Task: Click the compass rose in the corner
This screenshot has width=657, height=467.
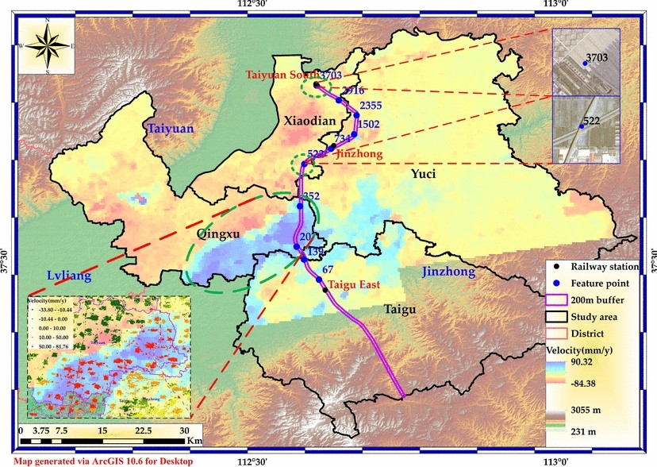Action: point(46,45)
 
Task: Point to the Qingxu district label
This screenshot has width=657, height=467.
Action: point(217,234)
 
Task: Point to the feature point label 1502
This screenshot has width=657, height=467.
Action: point(368,124)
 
